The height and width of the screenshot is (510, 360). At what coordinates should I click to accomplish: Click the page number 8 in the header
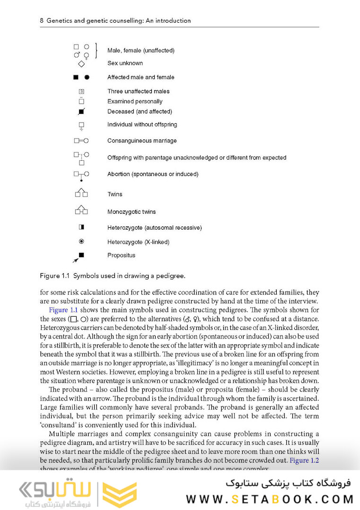(x=42, y=21)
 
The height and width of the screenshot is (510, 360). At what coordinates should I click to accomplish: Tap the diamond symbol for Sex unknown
(x=81, y=64)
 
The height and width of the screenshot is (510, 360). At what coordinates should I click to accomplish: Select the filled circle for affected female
(x=87, y=78)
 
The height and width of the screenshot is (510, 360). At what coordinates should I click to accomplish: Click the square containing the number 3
(x=81, y=91)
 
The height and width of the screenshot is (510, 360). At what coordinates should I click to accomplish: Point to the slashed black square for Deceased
(x=81, y=112)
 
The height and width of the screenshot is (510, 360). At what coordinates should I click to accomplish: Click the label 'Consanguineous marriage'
(x=142, y=140)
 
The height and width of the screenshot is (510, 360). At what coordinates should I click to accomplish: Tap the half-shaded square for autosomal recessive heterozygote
(x=81, y=227)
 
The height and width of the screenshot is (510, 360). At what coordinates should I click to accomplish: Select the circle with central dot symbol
(x=81, y=242)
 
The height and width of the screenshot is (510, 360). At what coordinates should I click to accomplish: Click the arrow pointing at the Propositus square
(x=75, y=259)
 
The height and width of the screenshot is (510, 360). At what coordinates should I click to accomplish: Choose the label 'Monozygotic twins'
(x=132, y=212)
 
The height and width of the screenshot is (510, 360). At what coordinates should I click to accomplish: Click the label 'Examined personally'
(x=135, y=101)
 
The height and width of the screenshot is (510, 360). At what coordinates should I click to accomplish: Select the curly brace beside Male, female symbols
(x=96, y=50)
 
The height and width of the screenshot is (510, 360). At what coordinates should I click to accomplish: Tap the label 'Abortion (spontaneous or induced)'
(x=153, y=174)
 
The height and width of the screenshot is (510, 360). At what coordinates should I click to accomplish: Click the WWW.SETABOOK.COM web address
(x=270, y=499)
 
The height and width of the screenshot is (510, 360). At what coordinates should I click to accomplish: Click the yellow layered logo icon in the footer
(x=120, y=494)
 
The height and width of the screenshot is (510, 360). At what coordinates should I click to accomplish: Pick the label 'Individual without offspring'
(x=142, y=124)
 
